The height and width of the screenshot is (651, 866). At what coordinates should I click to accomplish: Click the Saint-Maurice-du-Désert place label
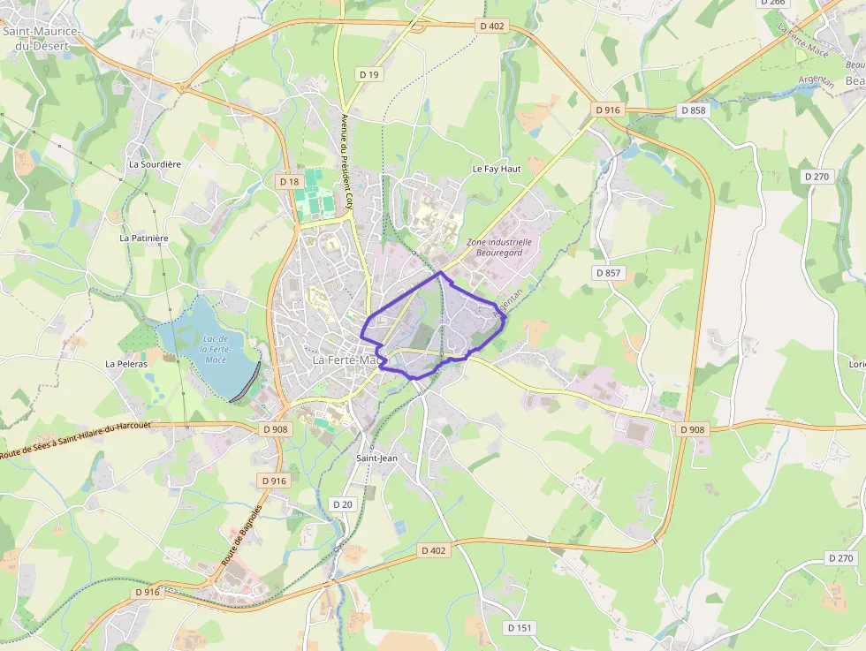pos(42,38)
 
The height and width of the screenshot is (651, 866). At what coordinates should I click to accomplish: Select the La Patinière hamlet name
pos(144,238)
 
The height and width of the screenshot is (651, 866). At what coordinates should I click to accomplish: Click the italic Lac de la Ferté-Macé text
pos(216,349)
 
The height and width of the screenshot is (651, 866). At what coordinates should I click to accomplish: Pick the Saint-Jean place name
pos(377,458)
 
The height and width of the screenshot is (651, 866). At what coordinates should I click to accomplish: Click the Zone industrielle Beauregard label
pos(499,246)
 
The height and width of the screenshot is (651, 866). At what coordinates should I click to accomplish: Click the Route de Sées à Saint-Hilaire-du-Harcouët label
pos(75,438)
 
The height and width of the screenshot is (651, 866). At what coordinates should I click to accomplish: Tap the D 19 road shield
pos(369,74)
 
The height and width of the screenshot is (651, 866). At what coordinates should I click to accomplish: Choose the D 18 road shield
pos(289,181)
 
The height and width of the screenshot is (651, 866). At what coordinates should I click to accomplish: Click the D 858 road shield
pos(694,110)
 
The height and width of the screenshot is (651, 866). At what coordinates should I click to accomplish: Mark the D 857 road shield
pos(609,273)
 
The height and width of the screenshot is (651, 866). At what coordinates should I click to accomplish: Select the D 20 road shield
pos(343,503)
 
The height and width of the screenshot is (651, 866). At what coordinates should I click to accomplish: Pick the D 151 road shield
pos(520,627)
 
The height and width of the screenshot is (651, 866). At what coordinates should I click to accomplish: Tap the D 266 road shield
pos(771,3)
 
